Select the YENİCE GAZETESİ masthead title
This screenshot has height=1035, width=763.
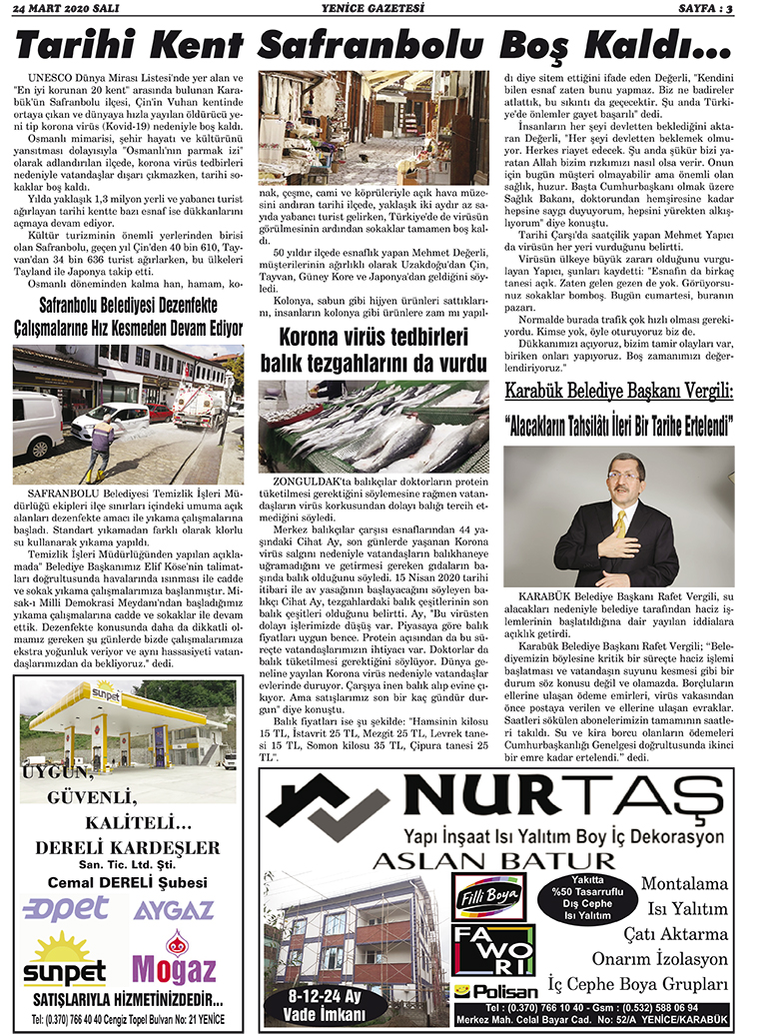point(381,9)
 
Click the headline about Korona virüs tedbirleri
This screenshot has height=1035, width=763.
point(374,352)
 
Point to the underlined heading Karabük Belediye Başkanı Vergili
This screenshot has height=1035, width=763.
point(619,391)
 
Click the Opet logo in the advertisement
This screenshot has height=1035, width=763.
point(66,907)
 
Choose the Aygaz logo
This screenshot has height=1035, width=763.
point(174,909)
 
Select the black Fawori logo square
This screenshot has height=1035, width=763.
point(493,950)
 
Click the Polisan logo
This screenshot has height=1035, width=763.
point(494,992)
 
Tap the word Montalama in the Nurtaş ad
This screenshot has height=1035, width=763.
point(684,884)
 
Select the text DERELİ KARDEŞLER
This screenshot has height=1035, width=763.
point(127,847)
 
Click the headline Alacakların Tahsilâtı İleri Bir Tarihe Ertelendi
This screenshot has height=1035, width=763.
point(619,425)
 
